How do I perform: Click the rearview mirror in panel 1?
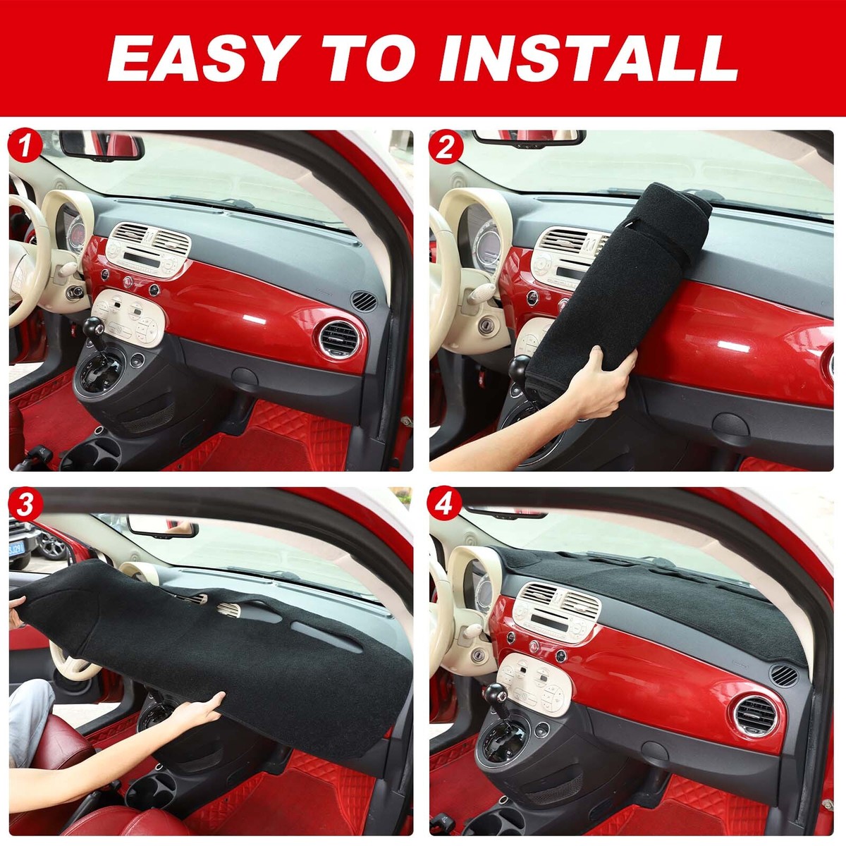[102, 145]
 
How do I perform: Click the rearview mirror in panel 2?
[529, 137]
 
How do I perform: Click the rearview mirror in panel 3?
[162, 526]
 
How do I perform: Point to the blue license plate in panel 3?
[16, 548]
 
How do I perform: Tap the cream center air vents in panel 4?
[557, 604]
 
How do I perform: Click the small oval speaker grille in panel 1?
[364, 300]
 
